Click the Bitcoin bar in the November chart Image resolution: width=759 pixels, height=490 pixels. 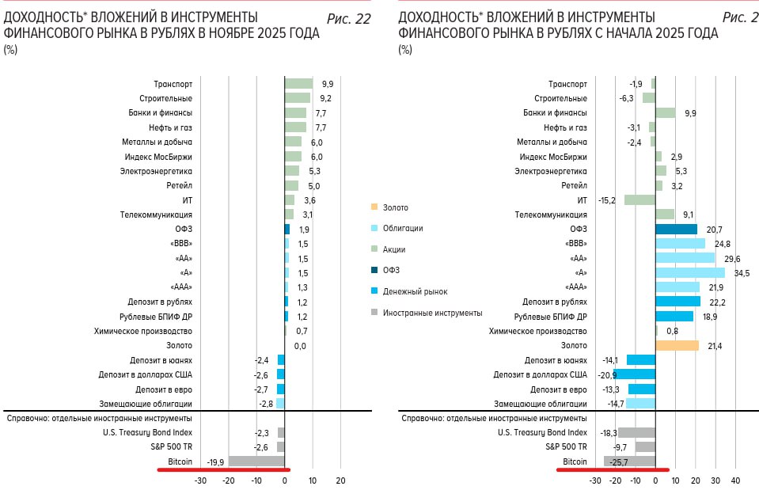(x=256, y=462)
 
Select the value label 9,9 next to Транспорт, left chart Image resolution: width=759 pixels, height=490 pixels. (x=328, y=84)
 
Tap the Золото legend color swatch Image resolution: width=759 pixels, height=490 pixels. (x=374, y=207)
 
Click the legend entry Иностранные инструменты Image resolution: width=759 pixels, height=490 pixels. (x=432, y=313)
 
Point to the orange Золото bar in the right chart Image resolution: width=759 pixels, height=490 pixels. (x=677, y=345)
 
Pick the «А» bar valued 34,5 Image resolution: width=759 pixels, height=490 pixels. (x=690, y=272)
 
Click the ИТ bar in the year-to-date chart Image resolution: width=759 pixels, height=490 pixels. (x=639, y=200)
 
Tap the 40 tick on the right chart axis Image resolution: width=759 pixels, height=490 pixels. (x=735, y=481)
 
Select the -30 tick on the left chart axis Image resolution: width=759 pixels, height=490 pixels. (x=201, y=481)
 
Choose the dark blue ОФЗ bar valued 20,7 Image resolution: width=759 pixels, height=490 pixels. (x=676, y=229)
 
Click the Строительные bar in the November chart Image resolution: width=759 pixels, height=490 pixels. (x=297, y=98)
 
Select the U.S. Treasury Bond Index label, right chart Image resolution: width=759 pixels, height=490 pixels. (x=542, y=432)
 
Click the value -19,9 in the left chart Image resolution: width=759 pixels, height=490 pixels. (x=215, y=462)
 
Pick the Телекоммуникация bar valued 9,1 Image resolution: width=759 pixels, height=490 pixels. (x=665, y=215)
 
